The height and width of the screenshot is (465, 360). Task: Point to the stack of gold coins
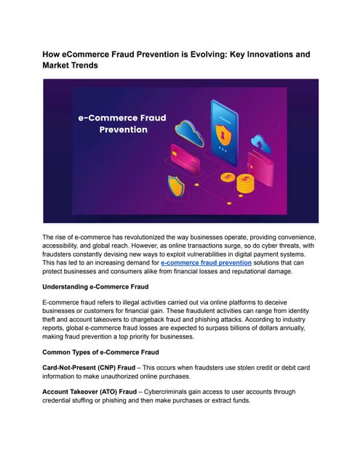point(247,182)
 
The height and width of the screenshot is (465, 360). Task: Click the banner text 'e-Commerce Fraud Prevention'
point(113,123)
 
